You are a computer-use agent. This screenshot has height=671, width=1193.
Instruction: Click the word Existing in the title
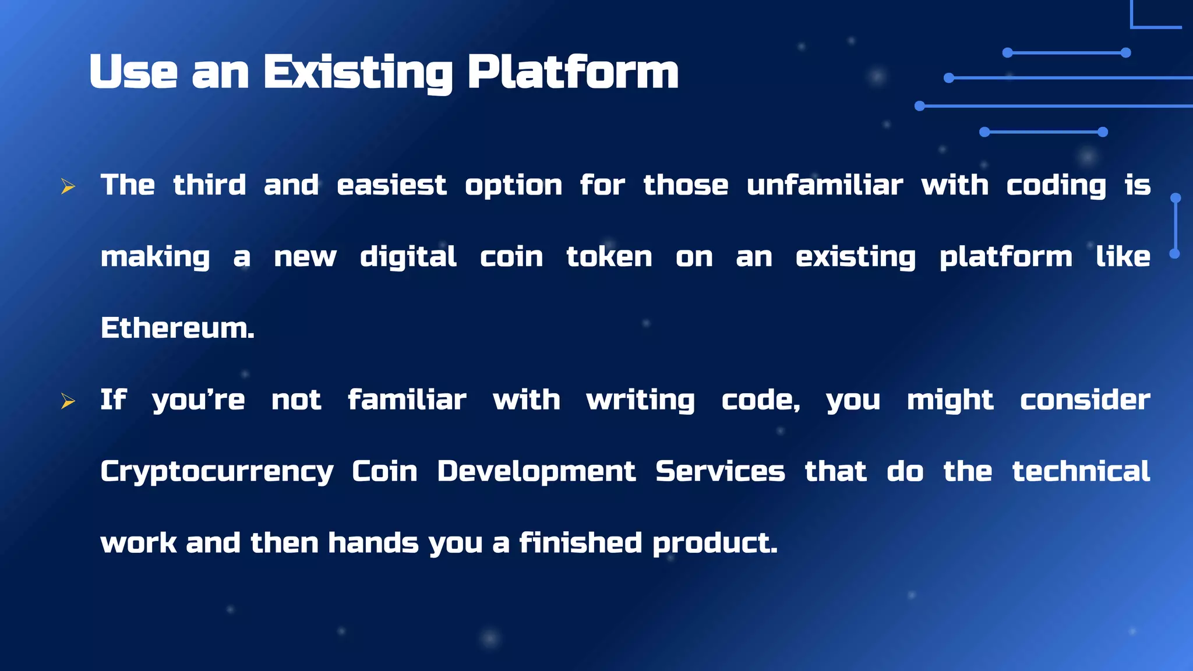pyautogui.click(x=358, y=72)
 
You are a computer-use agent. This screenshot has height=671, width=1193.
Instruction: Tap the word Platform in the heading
pyautogui.click(x=573, y=72)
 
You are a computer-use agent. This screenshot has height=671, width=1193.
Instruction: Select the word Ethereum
pyautogui.click(x=177, y=328)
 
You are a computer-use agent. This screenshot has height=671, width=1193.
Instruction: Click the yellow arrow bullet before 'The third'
pyautogui.click(x=68, y=186)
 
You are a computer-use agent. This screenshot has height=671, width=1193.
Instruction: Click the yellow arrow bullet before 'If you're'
pyautogui.click(x=68, y=401)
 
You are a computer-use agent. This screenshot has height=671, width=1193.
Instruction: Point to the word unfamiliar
pyautogui.click(x=824, y=185)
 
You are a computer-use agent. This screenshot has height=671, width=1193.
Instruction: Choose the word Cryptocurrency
pyautogui.click(x=217, y=472)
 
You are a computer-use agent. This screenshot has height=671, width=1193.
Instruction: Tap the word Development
pyautogui.click(x=536, y=471)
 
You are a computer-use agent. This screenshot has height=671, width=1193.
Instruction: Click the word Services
pyautogui.click(x=720, y=471)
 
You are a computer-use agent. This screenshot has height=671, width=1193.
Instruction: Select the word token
pyautogui.click(x=609, y=257)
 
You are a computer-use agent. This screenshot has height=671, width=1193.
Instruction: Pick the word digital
pyautogui.click(x=408, y=257)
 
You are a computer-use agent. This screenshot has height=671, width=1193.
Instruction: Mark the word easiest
pyautogui.click(x=391, y=185)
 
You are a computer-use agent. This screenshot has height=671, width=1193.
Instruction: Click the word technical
pyautogui.click(x=1081, y=471)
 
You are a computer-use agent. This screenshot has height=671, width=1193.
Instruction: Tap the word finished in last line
pyautogui.click(x=580, y=543)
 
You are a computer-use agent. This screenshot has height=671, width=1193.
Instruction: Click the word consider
pyautogui.click(x=1085, y=400)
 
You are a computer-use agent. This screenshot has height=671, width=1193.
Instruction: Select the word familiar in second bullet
pyautogui.click(x=407, y=400)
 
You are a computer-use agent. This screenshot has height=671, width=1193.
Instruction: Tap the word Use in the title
pyautogui.click(x=133, y=72)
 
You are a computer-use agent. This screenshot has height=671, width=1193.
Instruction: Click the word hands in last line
pyautogui.click(x=373, y=543)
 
